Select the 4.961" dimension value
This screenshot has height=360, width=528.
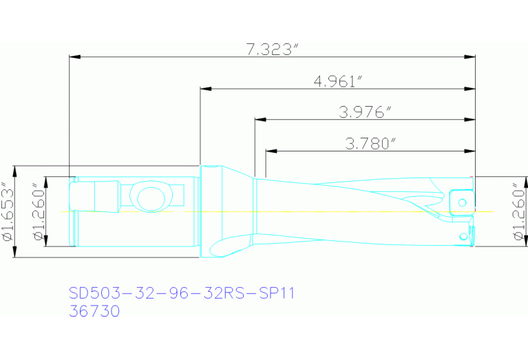click(x=337, y=81)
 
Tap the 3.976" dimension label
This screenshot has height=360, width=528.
click(x=365, y=112)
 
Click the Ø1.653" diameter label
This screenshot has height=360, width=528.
click(x=8, y=211)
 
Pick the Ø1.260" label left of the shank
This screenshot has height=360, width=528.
click(x=39, y=211)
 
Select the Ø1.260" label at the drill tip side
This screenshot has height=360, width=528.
click(x=518, y=211)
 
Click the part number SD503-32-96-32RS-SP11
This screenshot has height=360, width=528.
click(x=182, y=293)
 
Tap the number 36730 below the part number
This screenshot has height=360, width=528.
click(x=94, y=311)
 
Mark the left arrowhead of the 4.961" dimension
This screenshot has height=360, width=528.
click(x=204, y=88)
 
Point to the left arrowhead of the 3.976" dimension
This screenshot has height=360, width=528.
click(x=260, y=119)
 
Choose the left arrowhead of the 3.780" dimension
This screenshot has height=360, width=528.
click(x=271, y=151)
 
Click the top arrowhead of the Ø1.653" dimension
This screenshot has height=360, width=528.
click(x=15, y=169)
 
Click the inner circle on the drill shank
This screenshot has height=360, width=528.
click(x=150, y=199)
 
